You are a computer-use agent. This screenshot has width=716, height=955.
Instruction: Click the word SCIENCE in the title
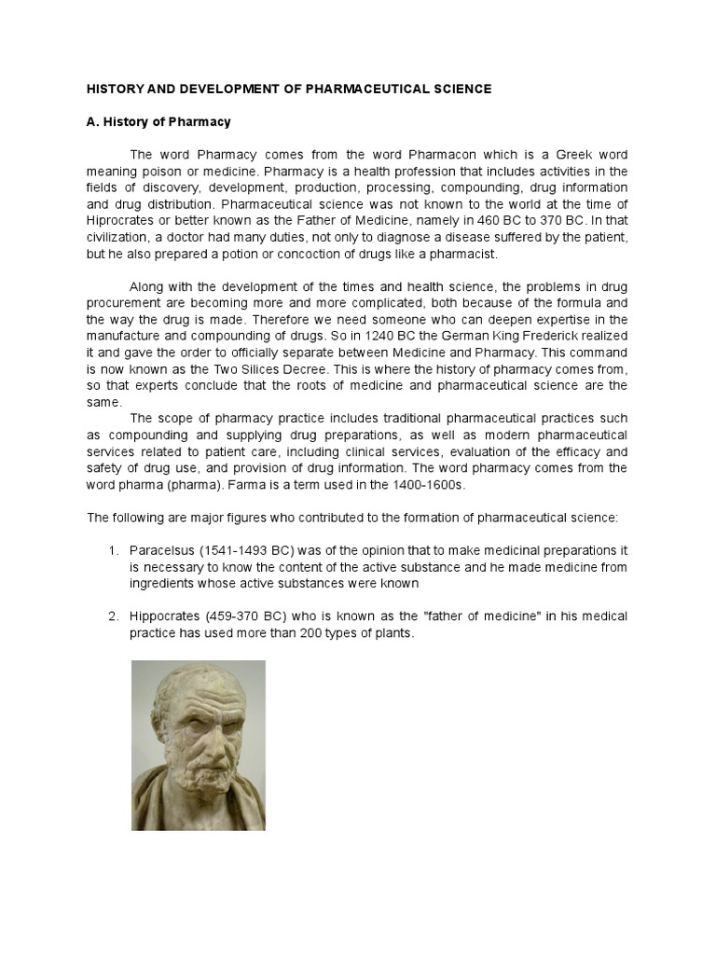pyautogui.click(x=457, y=89)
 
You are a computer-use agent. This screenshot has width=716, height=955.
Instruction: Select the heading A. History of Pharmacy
pyautogui.click(x=158, y=122)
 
